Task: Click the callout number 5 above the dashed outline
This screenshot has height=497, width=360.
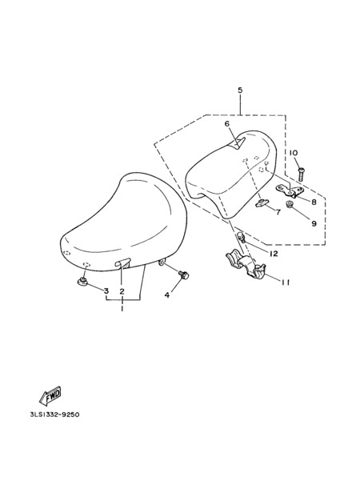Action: click(240, 90)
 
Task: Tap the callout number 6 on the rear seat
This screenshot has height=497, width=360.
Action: click(227, 124)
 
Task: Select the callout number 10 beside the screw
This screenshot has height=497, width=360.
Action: click(294, 153)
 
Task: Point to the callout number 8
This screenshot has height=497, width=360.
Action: click(314, 202)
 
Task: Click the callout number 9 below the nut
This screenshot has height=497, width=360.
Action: click(314, 223)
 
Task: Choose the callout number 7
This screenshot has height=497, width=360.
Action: click(278, 212)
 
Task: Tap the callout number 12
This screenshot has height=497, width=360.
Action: click(273, 254)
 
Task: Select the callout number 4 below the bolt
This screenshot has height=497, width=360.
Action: click(167, 295)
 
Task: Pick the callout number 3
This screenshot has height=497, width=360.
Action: click(106, 291)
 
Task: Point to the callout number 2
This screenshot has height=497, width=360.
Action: click(122, 291)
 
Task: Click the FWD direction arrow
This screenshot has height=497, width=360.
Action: click(50, 395)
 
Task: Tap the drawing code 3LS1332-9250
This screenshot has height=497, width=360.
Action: click(54, 415)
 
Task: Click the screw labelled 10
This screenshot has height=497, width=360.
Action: click(301, 174)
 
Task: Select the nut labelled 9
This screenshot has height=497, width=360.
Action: click(289, 204)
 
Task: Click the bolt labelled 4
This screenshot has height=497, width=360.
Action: click(183, 275)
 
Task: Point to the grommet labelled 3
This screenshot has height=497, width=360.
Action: click(83, 281)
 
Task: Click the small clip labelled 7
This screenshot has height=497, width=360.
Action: click(262, 202)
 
